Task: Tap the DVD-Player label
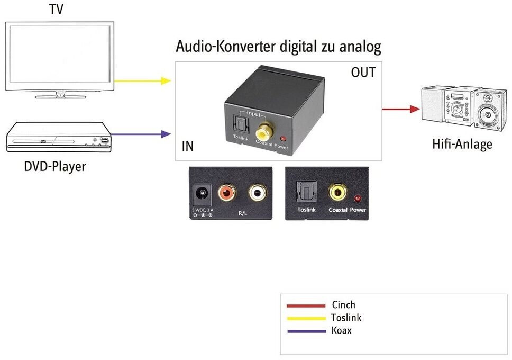55,166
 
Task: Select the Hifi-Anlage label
462,143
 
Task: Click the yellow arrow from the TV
143,81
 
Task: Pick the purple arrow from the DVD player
141,134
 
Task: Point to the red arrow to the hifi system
400,109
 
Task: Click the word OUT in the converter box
363,73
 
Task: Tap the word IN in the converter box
187,147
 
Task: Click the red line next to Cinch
306,305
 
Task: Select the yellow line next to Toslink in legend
306,318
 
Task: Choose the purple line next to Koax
306,331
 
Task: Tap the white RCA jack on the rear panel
257,193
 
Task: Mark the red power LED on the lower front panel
358,199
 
